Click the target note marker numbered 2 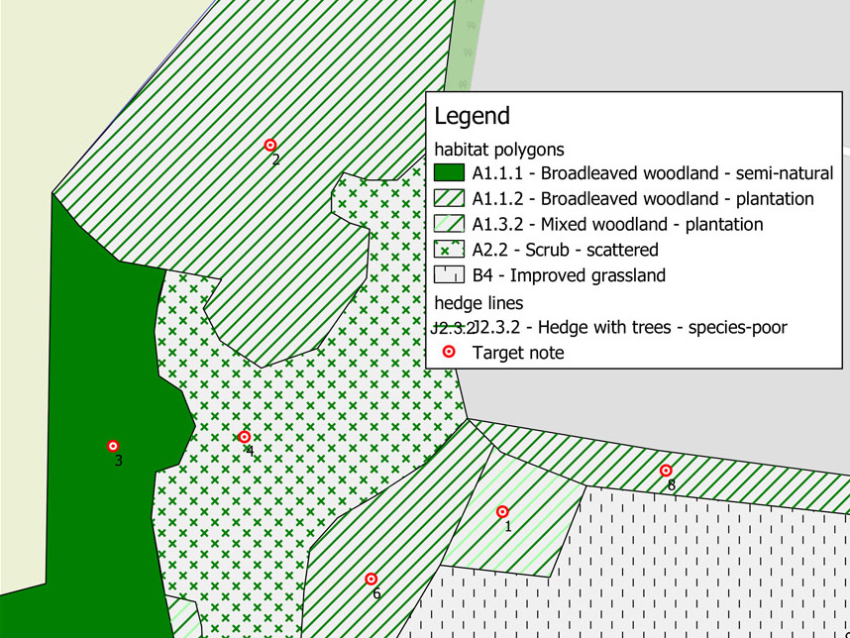[269, 145]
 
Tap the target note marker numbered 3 [113, 447]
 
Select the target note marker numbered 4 [245, 437]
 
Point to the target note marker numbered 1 [502, 512]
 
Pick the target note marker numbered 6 [372, 579]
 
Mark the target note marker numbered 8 [666, 471]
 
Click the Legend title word [472, 116]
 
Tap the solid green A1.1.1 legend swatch [449, 173]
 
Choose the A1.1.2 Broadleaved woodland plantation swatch [449, 199]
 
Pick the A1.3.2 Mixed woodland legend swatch [449, 225]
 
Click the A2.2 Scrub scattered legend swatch [449, 251]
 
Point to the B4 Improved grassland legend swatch [449, 276]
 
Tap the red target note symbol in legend [448, 352]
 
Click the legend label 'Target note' [518, 353]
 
